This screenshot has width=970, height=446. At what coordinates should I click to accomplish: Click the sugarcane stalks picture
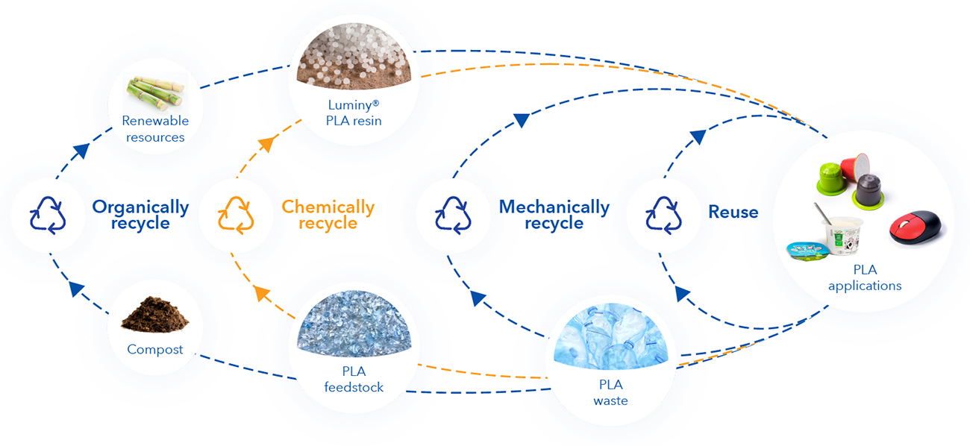(x=155, y=92)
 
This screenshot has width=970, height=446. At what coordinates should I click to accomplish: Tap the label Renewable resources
(x=155, y=129)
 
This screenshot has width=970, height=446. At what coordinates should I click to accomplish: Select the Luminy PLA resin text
(x=354, y=113)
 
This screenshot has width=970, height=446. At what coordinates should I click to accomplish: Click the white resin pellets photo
(x=354, y=55)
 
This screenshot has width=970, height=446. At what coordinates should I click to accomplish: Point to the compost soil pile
(x=155, y=315)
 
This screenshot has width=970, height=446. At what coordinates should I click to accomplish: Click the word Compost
(x=155, y=350)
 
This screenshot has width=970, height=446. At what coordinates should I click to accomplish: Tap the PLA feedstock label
(x=354, y=380)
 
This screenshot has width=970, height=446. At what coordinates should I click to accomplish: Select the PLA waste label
(x=610, y=393)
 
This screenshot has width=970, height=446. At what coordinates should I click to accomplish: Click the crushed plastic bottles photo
(x=610, y=336)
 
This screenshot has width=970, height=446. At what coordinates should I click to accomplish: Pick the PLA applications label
(x=865, y=277)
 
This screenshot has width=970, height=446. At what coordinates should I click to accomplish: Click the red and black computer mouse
(x=916, y=227)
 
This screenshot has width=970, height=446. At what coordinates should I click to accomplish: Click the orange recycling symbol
(x=236, y=216)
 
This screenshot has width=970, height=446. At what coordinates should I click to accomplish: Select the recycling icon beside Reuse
(x=663, y=216)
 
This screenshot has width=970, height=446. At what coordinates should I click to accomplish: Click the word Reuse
(x=733, y=212)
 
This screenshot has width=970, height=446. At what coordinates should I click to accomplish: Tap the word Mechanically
(x=554, y=207)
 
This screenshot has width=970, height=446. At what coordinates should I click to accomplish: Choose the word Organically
(x=141, y=207)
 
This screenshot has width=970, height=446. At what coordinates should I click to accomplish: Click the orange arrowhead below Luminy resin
(x=267, y=143)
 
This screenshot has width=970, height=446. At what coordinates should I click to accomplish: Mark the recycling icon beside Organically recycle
(x=48, y=216)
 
